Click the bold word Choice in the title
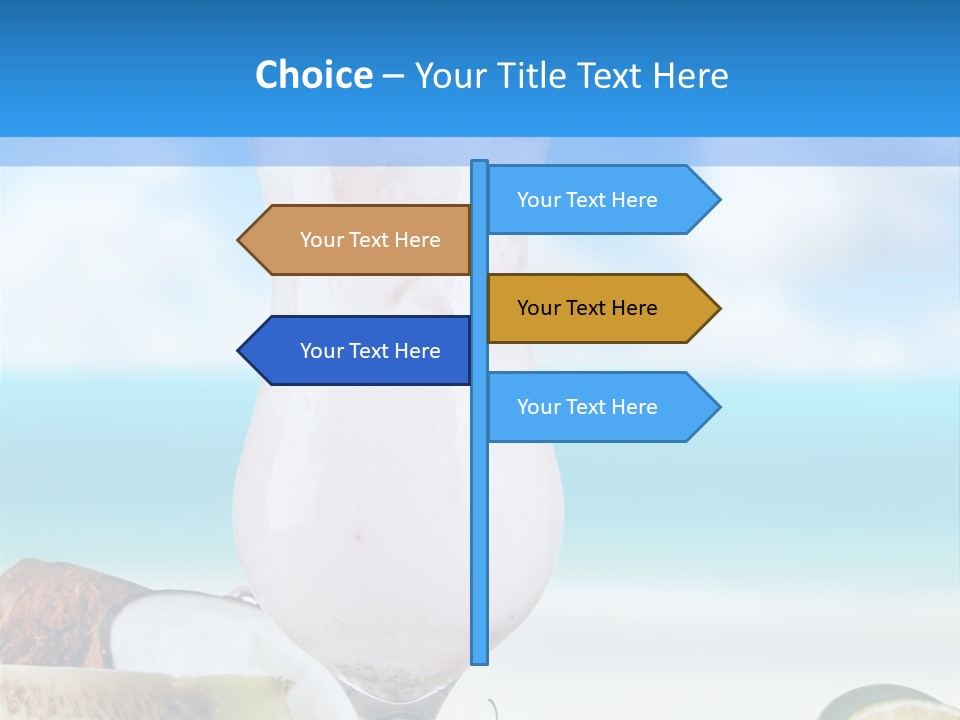click(x=313, y=76)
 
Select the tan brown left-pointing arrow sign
click(x=360, y=240)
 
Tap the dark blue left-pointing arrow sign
click(x=360, y=351)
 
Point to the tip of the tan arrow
click(x=240, y=240)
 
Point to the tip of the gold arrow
click(x=718, y=308)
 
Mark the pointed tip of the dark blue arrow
click(x=240, y=351)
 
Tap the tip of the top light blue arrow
click(x=718, y=200)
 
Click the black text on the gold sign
click(x=587, y=308)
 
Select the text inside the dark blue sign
click(x=370, y=351)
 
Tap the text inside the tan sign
click(x=370, y=240)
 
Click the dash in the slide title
click(x=393, y=76)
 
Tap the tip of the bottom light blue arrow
click(x=718, y=407)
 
